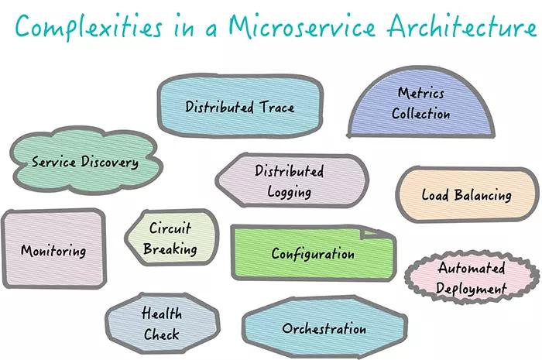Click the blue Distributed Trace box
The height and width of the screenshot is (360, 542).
point(239,107)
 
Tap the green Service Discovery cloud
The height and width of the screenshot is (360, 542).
point(85,163)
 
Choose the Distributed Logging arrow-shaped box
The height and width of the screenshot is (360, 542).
point(291,181)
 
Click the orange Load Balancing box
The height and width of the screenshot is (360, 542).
point(467,194)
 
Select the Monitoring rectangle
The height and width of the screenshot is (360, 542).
point(53,249)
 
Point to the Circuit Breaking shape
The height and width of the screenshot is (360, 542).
point(170,239)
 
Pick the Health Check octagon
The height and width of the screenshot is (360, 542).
point(161,324)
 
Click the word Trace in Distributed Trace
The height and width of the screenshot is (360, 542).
point(276,107)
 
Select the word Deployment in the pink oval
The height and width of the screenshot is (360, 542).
point(471,289)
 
